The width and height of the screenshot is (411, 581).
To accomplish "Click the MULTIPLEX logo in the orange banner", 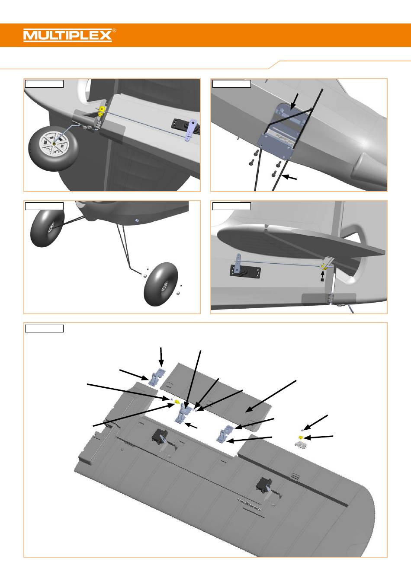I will click(67, 35).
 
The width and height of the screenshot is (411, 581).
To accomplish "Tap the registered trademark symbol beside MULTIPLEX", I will click(114, 31).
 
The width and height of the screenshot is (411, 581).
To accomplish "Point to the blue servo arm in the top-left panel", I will click(191, 131).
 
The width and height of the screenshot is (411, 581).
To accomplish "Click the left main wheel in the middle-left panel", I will click(47, 227).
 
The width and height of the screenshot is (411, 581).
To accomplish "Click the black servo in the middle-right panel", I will click(246, 271).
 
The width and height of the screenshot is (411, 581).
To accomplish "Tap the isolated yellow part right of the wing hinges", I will click(300, 437).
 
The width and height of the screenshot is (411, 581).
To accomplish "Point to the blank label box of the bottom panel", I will click(44, 329).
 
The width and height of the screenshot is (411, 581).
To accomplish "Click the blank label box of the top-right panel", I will click(231, 83).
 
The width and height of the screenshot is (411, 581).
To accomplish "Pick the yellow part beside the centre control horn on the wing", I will click(177, 402).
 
